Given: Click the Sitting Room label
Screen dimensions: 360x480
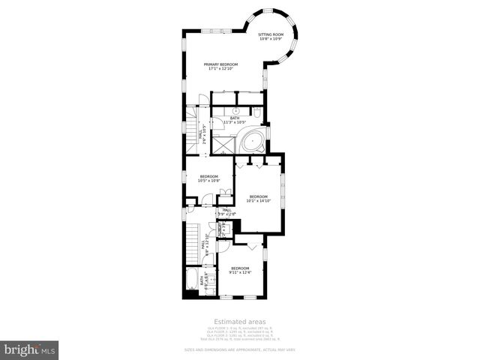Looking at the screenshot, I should click(x=270, y=34).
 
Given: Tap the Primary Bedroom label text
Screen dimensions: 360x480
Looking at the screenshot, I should click(x=220, y=64).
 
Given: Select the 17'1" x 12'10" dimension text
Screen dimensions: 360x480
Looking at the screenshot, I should click(x=220, y=69).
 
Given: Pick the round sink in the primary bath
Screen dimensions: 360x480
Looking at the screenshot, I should click(x=235, y=109).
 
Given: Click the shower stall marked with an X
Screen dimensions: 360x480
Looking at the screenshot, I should click(x=222, y=142).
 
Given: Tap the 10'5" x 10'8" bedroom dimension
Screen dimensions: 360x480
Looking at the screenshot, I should click(x=208, y=181).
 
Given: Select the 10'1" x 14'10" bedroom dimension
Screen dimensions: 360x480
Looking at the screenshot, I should click(x=258, y=200).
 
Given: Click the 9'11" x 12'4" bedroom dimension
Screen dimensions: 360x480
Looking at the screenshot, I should click(x=239, y=272).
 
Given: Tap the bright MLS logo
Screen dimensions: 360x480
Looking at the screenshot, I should click(x=30, y=349).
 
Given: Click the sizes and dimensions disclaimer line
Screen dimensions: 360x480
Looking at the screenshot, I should click(x=239, y=349).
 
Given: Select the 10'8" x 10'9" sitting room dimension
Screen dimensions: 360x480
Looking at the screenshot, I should click(x=270, y=39).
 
